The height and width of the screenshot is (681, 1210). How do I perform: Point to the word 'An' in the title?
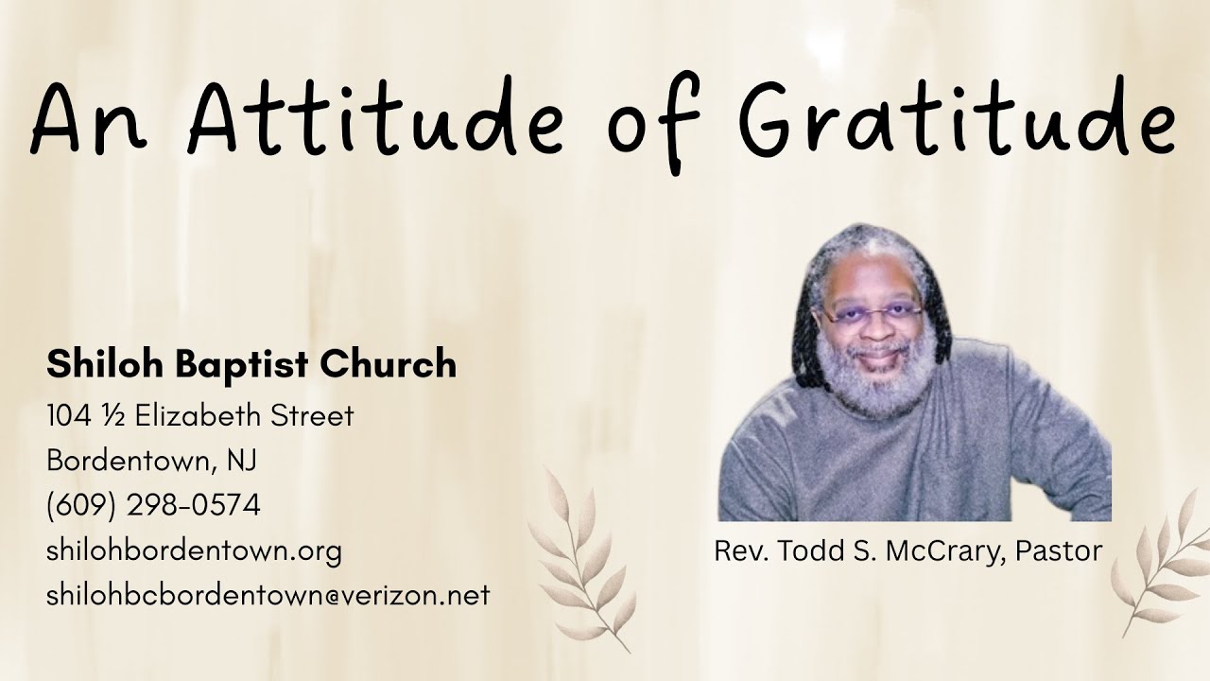[x=91, y=121]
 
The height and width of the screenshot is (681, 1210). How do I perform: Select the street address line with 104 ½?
[x=199, y=415]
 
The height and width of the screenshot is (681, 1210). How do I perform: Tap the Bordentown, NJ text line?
[x=151, y=461]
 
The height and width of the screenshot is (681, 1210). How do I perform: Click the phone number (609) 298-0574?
[x=153, y=506]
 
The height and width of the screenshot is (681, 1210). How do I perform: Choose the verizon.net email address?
[x=268, y=596]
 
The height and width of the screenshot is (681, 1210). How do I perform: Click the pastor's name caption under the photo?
[x=907, y=550]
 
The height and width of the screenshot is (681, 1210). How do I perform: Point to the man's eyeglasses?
[x=871, y=311]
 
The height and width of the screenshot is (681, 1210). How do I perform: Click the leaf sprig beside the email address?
[x=582, y=558]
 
